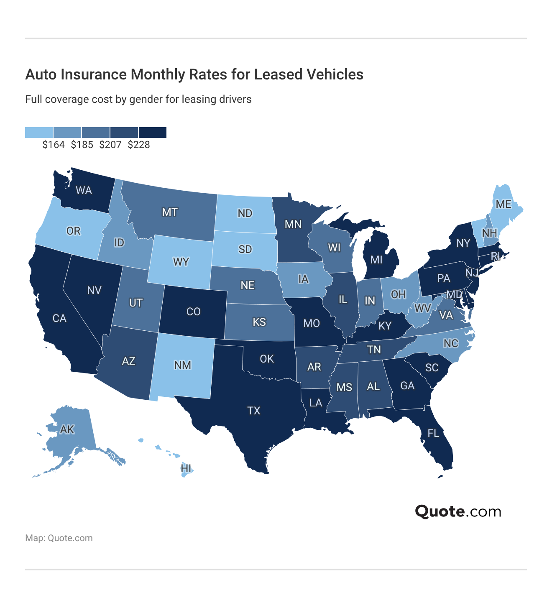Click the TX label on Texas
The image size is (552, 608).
click(254, 411)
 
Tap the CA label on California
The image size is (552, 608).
click(59, 318)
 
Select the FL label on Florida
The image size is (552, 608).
click(433, 433)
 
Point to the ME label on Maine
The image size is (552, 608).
click(503, 204)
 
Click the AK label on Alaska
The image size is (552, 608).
click(67, 429)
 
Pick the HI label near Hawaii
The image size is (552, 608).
click(186, 468)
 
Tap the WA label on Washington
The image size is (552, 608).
click(84, 191)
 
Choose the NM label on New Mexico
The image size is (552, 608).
click(182, 365)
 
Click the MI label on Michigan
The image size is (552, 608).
click(376, 260)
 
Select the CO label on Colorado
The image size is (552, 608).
click(193, 312)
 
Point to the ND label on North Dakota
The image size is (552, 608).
click(245, 213)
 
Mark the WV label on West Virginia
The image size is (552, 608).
click(423, 309)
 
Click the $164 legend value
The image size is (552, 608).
click(54, 145)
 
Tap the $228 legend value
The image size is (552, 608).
click(139, 145)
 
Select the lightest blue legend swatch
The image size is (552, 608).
click(39, 133)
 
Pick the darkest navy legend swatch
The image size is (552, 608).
click(153, 133)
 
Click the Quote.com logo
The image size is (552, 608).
click(458, 511)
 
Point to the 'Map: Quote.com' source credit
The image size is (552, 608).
click(59, 538)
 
